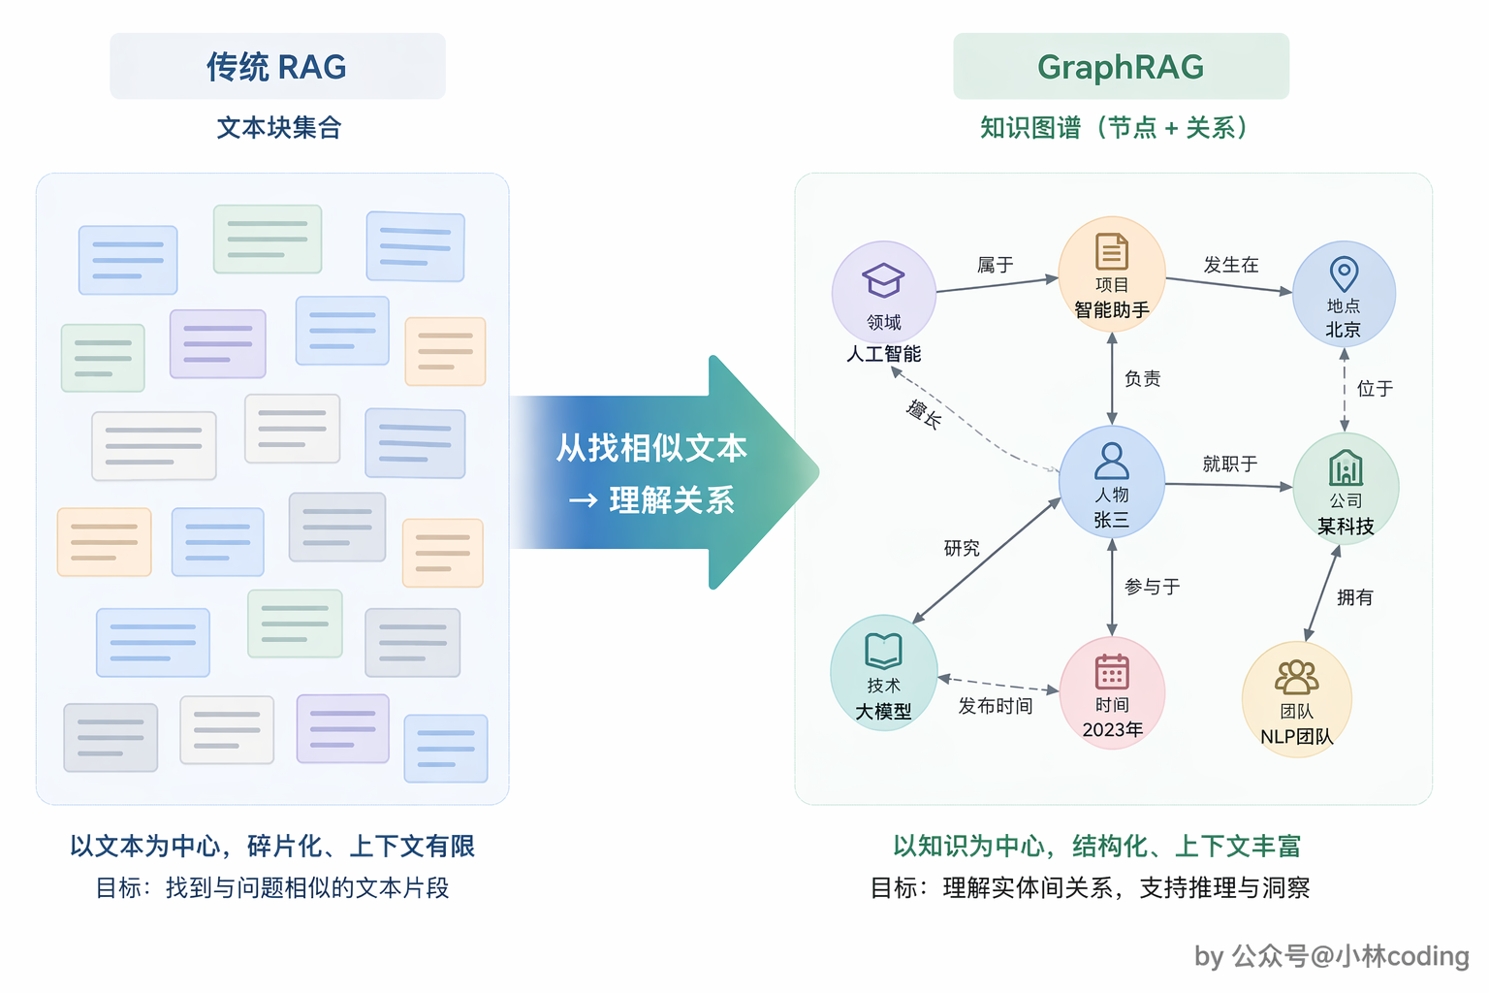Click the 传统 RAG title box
pyautogui.click(x=277, y=66)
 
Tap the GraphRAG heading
pyautogui.click(x=1121, y=66)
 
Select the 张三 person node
pyautogui.click(x=1112, y=482)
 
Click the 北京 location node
pyautogui.click(x=1344, y=293)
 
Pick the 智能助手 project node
pyautogui.click(x=1112, y=274)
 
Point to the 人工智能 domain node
pyautogui.click(x=883, y=293)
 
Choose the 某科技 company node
pyautogui.click(x=1346, y=488)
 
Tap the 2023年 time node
pyautogui.click(x=1112, y=692)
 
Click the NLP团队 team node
pyautogui.click(x=1297, y=699)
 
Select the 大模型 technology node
pyautogui.click(x=883, y=672)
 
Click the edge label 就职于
pyautogui.click(x=1230, y=464)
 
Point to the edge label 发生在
pyautogui.click(x=1231, y=265)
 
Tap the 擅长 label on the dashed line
pyautogui.click(x=924, y=414)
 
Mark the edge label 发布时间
pyautogui.click(x=996, y=706)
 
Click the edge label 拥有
pyautogui.click(x=1354, y=597)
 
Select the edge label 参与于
pyautogui.click(x=1152, y=587)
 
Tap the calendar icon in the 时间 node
pyautogui.click(x=1112, y=671)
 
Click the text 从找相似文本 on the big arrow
pyautogui.click(x=651, y=448)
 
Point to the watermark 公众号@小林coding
pyautogui.click(x=1350, y=956)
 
